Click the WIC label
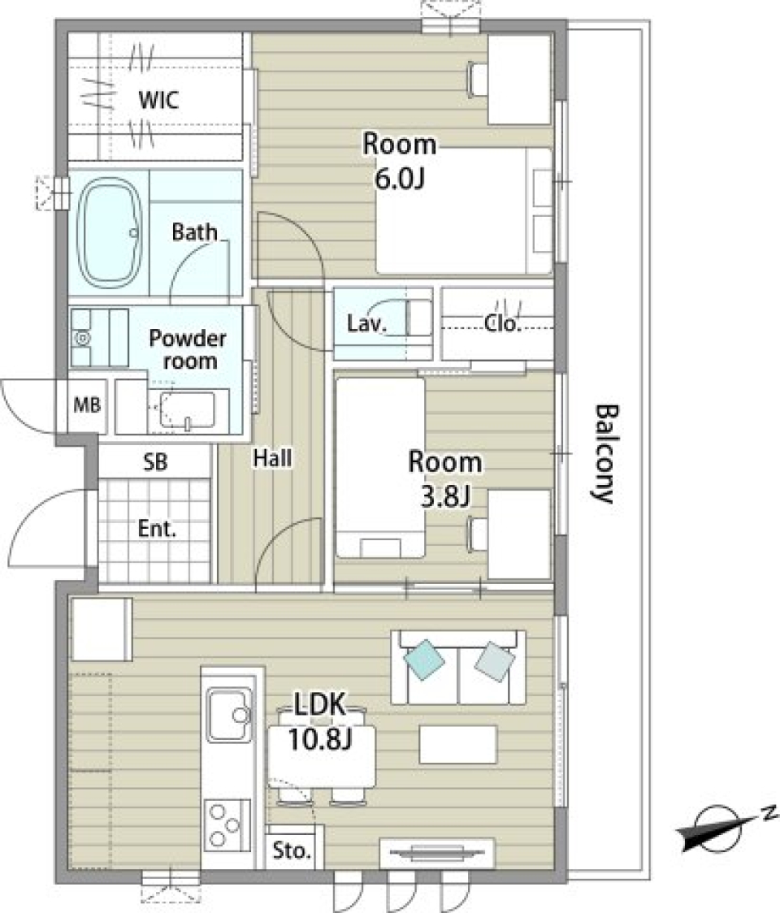pyautogui.click(x=158, y=100)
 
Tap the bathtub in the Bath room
pyautogui.click(x=110, y=233)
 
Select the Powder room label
pyautogui.click(x=188, y=349)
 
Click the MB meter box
pyautogui.click(x=87, y=405)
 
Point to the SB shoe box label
pyautogui.click(x=155, y=461)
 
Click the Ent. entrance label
pyautogui.click(x=157, y=529)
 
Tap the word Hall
pyautogui.click(x=273, y=458)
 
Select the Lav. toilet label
pyautogui.click(x=366, y=324)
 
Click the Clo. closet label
pyautogui.click(x=502, y=324)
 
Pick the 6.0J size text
pyautogui.click(x=399, y=179)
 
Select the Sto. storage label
pyautogui.click(x=292, y=851)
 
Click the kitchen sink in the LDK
pyautogui.click(x=229, y=715)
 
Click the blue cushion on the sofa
pyautogui.click(x=425, y=660)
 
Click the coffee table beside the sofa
pyautogui.click(x=458, y=744)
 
